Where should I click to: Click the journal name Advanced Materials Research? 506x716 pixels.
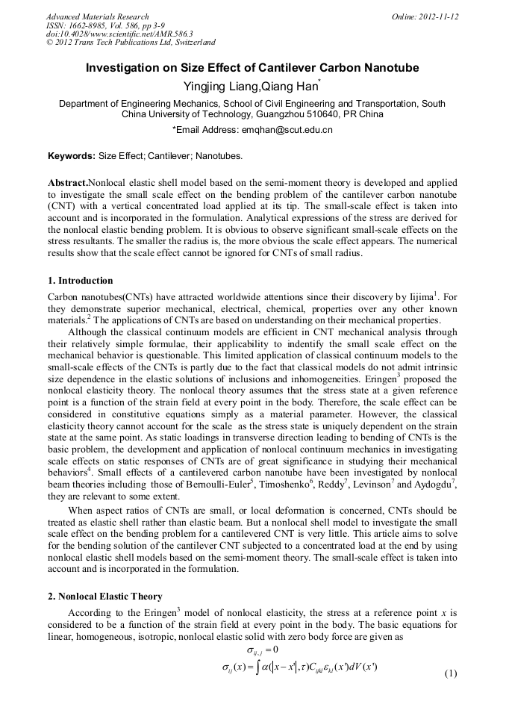(x=97, y=16)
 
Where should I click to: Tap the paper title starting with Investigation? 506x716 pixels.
(x=252, y=68)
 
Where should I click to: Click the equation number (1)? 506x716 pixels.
(x=450, y=673)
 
